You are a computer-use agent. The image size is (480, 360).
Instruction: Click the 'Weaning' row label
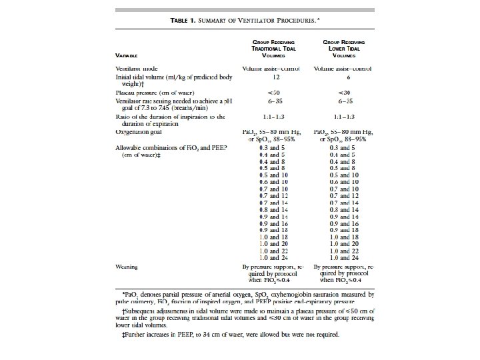tap(127, 267)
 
